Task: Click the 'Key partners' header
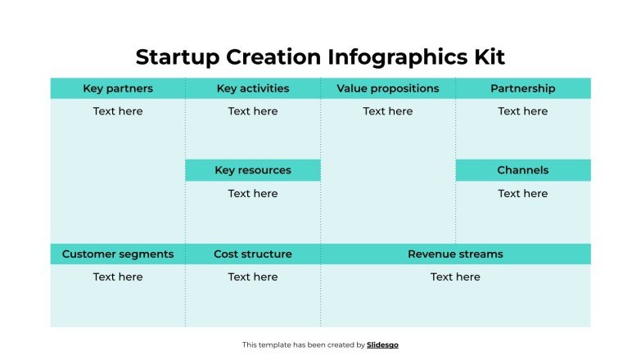[118, 88]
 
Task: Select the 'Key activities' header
[253, 88]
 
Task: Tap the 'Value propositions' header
[388, 88]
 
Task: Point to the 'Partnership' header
[523, 88]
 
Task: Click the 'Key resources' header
[253, 170]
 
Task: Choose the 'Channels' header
[523, 170]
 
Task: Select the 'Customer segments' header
[118, 254]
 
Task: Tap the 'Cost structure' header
[253, 254]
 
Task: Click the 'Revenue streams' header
[455, 254]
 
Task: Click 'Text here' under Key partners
[118, 111]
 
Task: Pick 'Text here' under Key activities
[253, 111]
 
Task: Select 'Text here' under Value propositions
[388, 111]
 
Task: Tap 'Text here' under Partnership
[523, 111]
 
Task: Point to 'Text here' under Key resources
[253, 194]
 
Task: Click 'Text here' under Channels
[523, 194]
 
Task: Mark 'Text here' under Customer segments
[118, 277]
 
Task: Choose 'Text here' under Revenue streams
[455, 277]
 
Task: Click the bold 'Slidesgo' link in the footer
[383, 345]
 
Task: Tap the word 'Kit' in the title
[488, 57]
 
